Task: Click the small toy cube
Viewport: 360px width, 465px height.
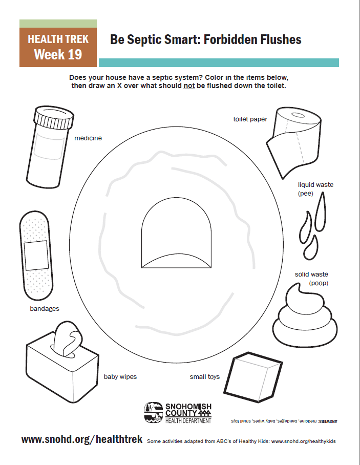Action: tap(255, 375)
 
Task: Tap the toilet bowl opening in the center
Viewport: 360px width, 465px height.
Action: tap(176, 231)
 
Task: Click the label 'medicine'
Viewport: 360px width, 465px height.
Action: tap(88, 138)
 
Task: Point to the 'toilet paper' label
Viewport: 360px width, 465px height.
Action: tap(250, 119)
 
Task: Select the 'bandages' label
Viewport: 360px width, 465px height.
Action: tap(45, 309)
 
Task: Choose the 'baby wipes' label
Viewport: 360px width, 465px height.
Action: tap(120, 377)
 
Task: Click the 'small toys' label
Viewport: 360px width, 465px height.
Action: tap(205, 377)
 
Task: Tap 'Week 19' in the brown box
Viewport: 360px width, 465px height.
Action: tap(58, 54)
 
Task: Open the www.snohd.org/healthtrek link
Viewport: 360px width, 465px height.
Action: tap(82, 440)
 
